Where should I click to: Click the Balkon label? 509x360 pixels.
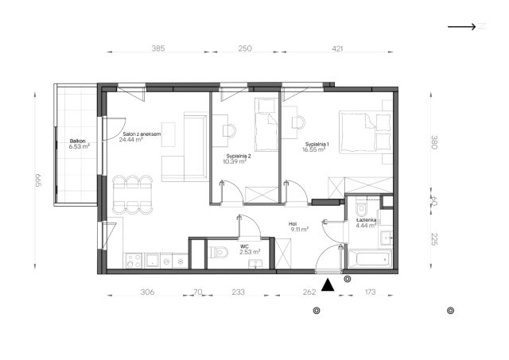pyautogui.click(x=78, y=141)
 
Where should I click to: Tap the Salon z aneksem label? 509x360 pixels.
pyautogui.click(x=142, y=134)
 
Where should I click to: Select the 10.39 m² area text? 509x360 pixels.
pyautogui.click(x=235, y=161)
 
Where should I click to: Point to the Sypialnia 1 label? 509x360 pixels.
pyautogui.click(x=317, y=145)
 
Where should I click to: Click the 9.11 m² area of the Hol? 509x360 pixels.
pyautogui.click(x=300, y=230)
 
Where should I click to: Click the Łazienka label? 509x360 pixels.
pyautogui.click(x=366, y=220)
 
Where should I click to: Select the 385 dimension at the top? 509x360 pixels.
pyautogui.click(x=158, y=48)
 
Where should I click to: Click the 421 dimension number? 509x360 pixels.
pyautogui.click(x=337, y=48)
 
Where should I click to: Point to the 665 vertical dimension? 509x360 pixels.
pyautogui.click(x=38, y=180)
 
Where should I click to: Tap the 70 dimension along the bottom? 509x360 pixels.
pyautogui.click(x=198, y=292)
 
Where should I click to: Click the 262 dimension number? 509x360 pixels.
pyautogui.click(x=309, y=292)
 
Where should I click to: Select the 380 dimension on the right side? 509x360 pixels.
pyautogui.click(x=434, y=142)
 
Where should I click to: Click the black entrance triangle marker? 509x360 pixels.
pyautogui.click(x=328, y=285)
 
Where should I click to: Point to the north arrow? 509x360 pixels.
pyautogui.click(x=461, y=26)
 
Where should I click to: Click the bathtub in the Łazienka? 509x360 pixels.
pyautogui.click(x=370, y=259)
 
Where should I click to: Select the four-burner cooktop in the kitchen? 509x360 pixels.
pyautogui.click(x=134, y=261)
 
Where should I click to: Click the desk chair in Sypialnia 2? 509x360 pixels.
pyautogui.click(x=229, y=130)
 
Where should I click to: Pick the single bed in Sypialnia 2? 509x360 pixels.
pyautogui.click(x=266, y=125)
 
